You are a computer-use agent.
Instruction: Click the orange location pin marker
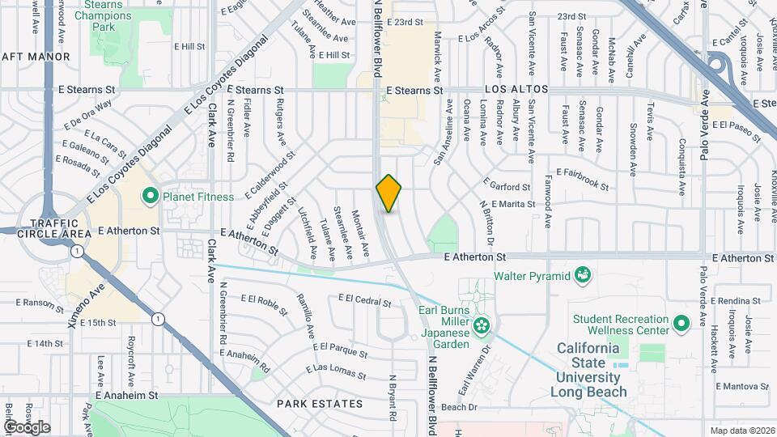[x=389, y=193]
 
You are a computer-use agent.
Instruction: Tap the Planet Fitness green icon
[x=150, y=196]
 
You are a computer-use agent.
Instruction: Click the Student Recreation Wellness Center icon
[x=681, y=324]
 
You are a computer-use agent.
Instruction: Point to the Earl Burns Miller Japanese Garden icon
[x=482, y=326]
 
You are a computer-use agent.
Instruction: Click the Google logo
[x=27, y=426]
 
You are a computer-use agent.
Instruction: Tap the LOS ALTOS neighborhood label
[x=516, y=88]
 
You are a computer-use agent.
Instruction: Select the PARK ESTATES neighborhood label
[x=319, y=403]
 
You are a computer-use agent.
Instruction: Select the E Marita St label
[x=512, y=204]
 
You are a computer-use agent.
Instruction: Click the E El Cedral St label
[x=364, y=299]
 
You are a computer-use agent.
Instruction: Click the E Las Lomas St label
[x=335, y=370]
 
